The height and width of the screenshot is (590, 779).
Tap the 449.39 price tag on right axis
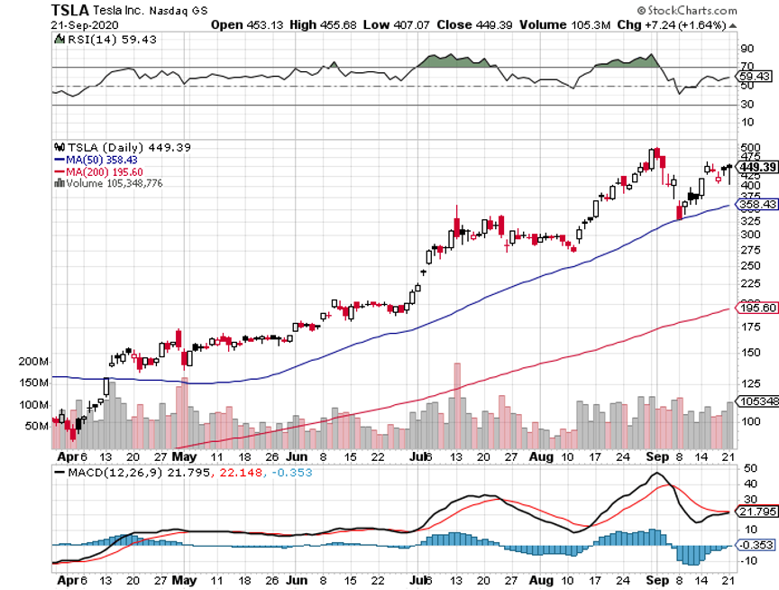coord(757,167)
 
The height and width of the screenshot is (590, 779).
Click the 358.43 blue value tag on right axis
coord(758,205)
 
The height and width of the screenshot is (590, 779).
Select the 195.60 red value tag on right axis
coord(758,309)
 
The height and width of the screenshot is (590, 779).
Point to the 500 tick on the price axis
coord(749,147)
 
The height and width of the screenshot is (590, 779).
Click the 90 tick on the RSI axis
coord(747,48)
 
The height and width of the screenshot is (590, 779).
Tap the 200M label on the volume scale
coord(32,362)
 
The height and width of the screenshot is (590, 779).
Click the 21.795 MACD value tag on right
coord(758,512)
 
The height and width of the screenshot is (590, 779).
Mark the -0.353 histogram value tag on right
coord(758,544)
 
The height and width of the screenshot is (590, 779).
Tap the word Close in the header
coord(454,24)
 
